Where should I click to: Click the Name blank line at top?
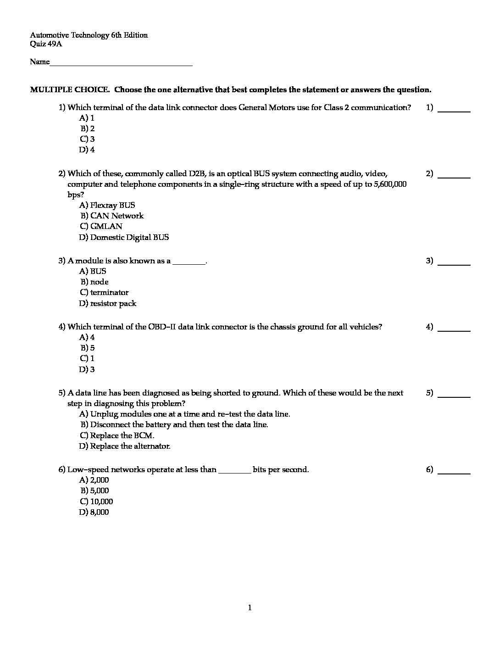click(x=121, y=63)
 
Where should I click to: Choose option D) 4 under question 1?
click(x=87, y=150)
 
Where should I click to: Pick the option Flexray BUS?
click(x=112, y=205)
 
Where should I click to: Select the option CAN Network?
click(x=116, y=216)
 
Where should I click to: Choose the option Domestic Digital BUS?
click(x=129, y=237)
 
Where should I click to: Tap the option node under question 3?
click(x=99, y=282)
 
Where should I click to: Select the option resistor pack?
click(x=113, y=303)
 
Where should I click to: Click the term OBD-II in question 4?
click(x=162, y=327)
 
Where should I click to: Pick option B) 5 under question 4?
click(x=87, y=348)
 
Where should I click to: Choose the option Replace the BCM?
click(x=122, y=435)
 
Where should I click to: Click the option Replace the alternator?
click(x=130, y=446)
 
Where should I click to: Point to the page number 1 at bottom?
click(x=249, y=608)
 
